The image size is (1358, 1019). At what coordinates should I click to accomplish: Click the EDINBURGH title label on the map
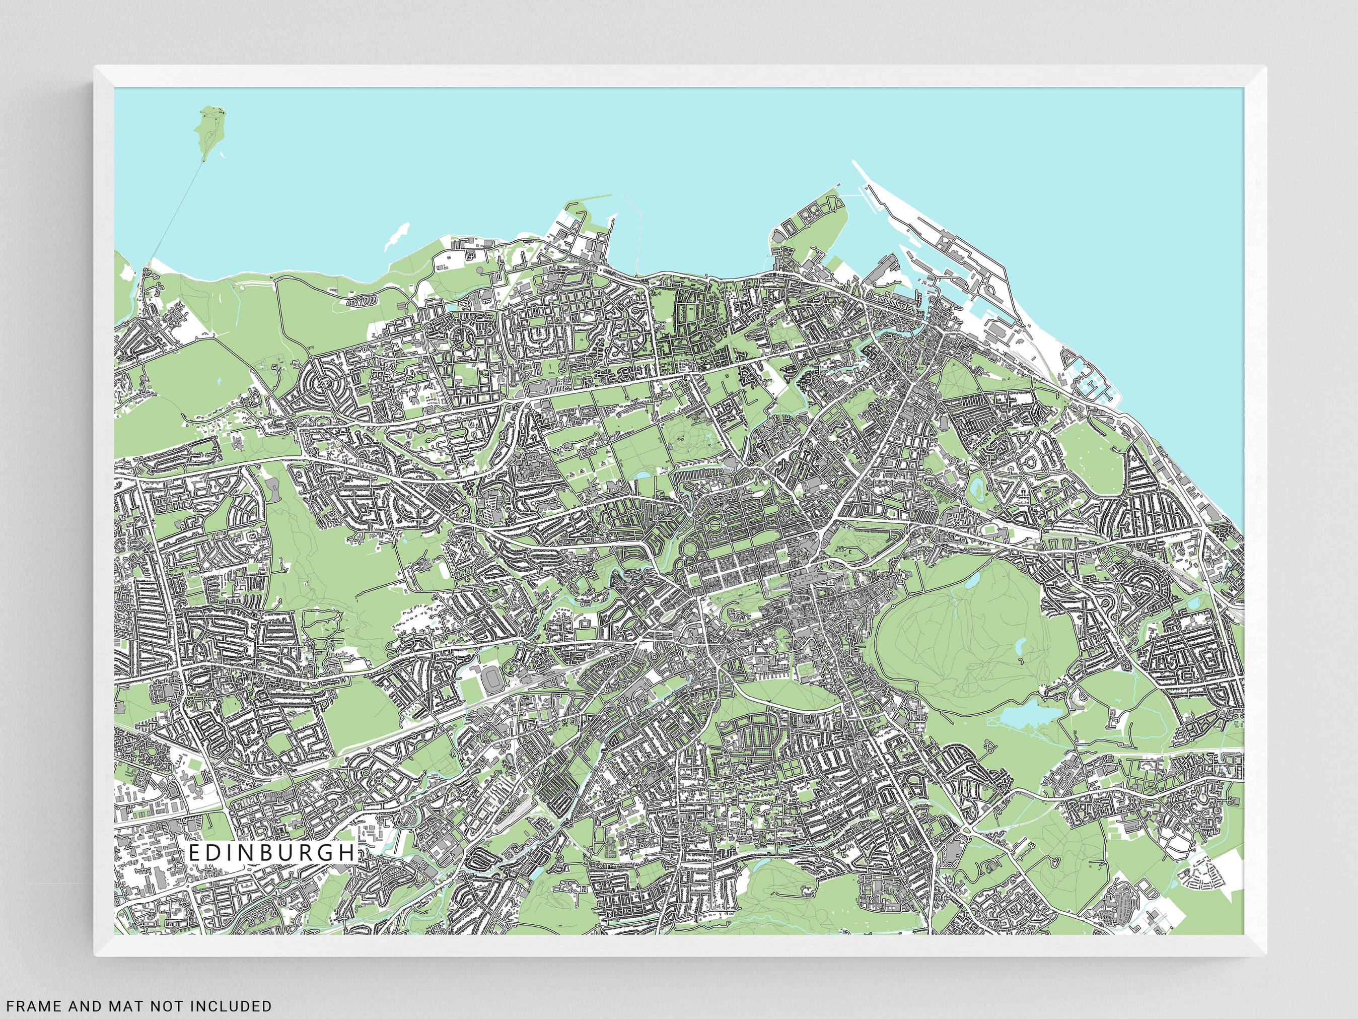[x=271, y=853]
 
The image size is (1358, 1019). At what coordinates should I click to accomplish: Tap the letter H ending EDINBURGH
[x=349, y=853]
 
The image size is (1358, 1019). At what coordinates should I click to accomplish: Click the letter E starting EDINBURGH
[x=193, y=853]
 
